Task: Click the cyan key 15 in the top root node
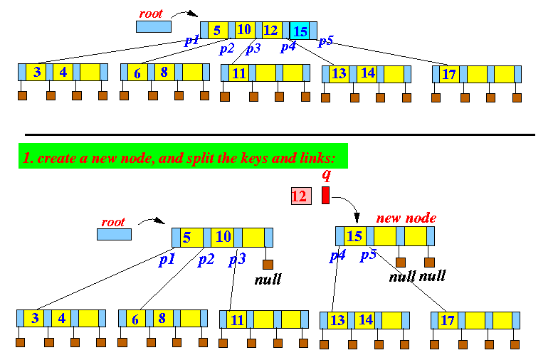pos(300,31)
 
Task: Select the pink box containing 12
pos(300,196)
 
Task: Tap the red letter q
pos(326,175)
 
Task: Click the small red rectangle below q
pos(325,195)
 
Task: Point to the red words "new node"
pos(406,218)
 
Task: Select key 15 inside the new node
pos(354,236)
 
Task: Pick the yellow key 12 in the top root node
pos(270,30)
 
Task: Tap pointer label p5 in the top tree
pos(325,41)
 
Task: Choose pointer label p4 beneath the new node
pos(337,255)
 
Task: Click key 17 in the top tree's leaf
pos(449,73)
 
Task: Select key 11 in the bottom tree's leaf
pos(238,319)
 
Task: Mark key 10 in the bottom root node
pos(223,236)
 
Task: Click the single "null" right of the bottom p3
pos(268,279)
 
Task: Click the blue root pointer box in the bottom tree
pos(115,235)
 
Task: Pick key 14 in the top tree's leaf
pos(367,73)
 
